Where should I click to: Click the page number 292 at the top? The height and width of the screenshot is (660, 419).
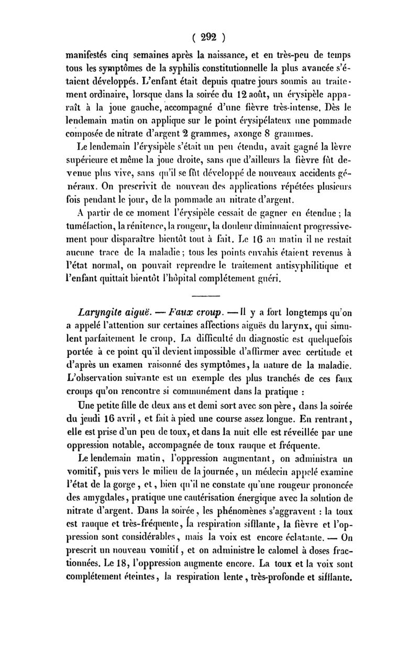click(209, 38)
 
